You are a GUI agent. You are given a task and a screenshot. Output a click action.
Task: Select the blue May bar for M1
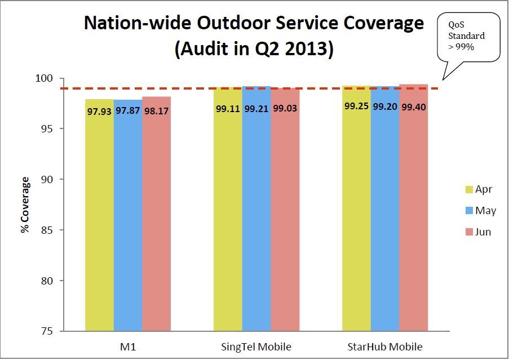point(128,220)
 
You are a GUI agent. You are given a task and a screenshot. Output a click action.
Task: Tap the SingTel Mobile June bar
point(286,214)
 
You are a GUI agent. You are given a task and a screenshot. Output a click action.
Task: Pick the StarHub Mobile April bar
point(357,214)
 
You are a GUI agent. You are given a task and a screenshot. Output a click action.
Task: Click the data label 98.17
point(156,111)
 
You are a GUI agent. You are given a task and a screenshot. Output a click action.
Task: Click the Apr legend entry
point(477,189)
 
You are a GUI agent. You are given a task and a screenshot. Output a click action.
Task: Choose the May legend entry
point(478,211)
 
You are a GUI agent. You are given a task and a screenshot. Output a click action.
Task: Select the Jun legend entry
point(477,232)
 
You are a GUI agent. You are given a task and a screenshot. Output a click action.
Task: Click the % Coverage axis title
point(25,205)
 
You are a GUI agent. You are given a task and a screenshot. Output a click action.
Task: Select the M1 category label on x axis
point(128,346)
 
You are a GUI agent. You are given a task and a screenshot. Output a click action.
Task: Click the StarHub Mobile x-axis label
point(385,346)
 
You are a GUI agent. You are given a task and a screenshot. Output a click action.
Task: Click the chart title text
point(254,35)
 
